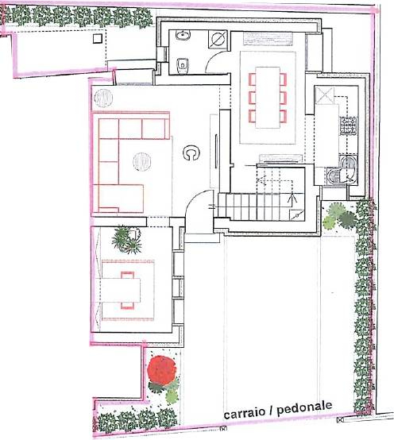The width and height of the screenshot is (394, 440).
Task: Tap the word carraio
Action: click(x=245, y=412)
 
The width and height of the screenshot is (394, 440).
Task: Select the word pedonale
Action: click(x=305, y=408)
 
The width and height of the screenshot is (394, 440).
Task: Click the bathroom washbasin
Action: click(x=183, y=36)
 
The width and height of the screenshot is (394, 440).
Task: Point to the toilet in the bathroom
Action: click(x=183, y=65)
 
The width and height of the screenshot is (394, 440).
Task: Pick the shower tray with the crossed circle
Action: click(x=218, y=39)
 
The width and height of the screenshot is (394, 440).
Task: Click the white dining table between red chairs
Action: click(x=268, y=97)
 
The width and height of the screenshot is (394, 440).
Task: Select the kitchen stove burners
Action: click(x=348, y=125)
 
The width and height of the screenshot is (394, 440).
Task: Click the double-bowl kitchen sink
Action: click(x=343, y=170)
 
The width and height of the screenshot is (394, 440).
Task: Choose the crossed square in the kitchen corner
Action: click(x=325, y=95)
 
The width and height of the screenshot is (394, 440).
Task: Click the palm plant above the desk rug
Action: click(x=126, y=239)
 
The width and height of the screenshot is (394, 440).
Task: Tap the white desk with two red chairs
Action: click(x=121, y=290)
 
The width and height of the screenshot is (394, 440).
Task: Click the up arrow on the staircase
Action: click(x=293, y=200)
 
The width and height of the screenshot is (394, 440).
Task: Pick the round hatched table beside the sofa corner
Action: click(x=103, y=98)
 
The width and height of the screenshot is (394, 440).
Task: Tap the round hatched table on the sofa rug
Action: click(x=142, y=162)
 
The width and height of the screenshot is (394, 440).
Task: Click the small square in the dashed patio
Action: click(x=97, y=38)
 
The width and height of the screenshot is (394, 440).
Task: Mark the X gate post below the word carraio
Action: click(x=223, y=429)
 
